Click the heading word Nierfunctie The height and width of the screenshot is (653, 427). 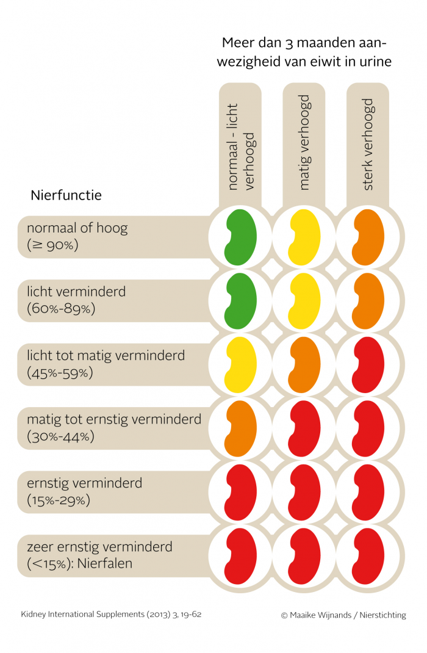click(x=66, y=195)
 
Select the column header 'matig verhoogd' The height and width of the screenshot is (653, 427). click(x=304, y=142)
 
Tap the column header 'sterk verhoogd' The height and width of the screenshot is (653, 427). click(x=368, y=144)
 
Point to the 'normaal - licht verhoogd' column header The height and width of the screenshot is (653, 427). click(x=240, y=146)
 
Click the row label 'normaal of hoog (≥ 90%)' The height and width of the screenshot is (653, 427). click(x=77, y=237)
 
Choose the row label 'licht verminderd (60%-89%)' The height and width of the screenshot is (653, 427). click(x=76, y=300)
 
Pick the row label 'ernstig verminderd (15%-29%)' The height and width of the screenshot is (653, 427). click(x=84, y=492)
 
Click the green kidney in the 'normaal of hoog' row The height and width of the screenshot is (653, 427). click(x=240, y=237)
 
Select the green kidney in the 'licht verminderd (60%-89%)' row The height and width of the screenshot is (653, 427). click(x=240, y=301)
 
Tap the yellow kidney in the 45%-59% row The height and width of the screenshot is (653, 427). click(x=240, y=365)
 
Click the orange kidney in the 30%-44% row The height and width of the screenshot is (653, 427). click(x=240, y=428)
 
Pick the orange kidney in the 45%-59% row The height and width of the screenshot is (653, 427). click(x=304, y=365)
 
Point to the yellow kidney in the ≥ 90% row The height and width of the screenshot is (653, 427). click(x=304, y=237)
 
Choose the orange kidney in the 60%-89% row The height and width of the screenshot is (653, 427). click(x=368, y=301)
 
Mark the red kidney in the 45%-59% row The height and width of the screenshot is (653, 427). click(x=368, y=365)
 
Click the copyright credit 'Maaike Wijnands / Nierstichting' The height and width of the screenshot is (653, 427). click(x=343, y=615)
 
